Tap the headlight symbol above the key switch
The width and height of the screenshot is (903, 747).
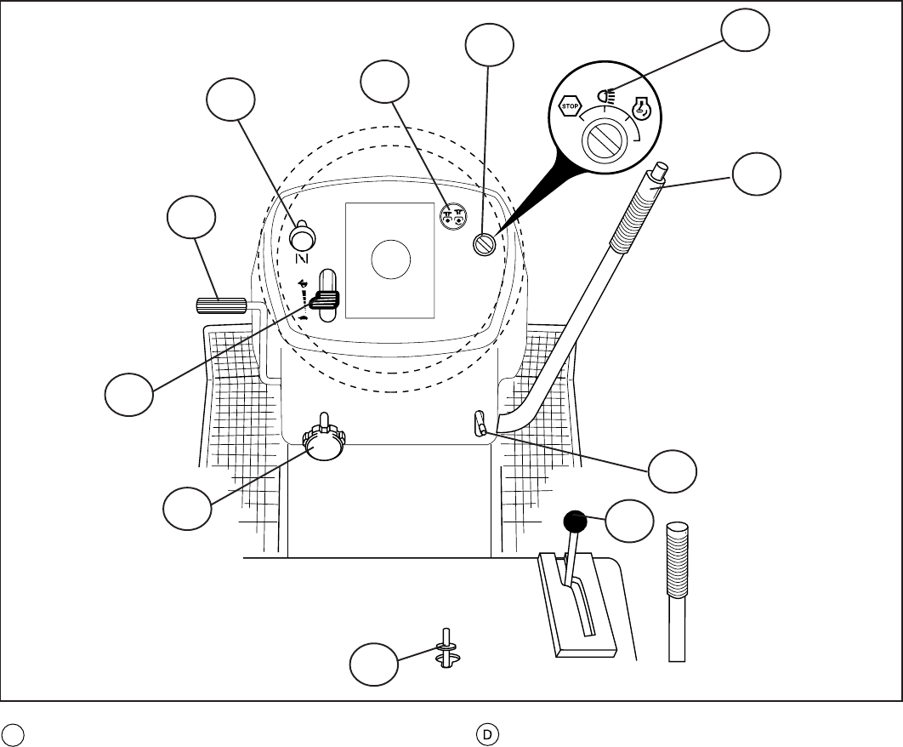605,96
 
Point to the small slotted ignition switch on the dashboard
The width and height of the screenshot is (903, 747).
484,245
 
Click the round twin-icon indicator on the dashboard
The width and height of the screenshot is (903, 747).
452,216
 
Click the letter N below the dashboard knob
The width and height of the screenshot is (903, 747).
301,258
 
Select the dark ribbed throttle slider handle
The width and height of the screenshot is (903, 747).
325,298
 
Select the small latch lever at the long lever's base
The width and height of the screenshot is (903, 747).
479,422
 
